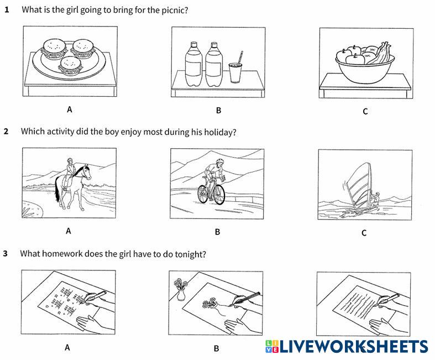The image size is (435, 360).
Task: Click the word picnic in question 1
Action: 175,11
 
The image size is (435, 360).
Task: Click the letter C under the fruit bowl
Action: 365,111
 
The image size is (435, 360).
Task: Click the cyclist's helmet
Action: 219,161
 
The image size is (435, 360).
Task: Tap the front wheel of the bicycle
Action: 219,194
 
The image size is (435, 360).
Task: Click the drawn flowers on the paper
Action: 209,303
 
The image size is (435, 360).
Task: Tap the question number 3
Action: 6,254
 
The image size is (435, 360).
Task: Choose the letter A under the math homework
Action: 67,347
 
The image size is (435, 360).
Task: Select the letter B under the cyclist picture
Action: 218,232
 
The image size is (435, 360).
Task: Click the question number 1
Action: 7,10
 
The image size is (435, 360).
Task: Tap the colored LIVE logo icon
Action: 272,346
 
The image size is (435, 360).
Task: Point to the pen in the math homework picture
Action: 96,296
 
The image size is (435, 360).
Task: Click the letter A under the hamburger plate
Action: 69,109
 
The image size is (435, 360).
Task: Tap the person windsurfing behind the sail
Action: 376,199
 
